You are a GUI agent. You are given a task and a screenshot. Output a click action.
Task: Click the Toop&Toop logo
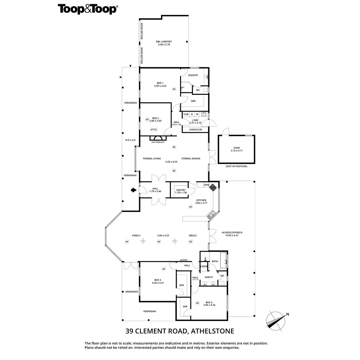coord(87,9)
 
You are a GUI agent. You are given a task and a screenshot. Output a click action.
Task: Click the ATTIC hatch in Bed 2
coord(154,130)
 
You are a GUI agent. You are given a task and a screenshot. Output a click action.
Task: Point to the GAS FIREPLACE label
coord(158,142)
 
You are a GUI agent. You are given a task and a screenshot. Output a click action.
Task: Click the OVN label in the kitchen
coord(206,185)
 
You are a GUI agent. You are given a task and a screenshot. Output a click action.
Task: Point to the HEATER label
coord(184,260)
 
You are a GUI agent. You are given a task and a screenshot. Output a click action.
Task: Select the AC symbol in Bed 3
coord(164,269)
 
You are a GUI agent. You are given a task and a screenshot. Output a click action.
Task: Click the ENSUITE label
coord(193,75)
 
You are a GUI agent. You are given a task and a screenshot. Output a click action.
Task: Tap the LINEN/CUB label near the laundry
coord(195,130)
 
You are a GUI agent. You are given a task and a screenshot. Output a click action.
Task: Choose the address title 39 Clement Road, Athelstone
coord(180,331)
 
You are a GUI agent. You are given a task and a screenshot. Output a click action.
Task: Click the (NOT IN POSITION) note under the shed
coord(237,166)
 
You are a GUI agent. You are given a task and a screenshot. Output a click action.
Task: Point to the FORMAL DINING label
coord(191,159)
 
